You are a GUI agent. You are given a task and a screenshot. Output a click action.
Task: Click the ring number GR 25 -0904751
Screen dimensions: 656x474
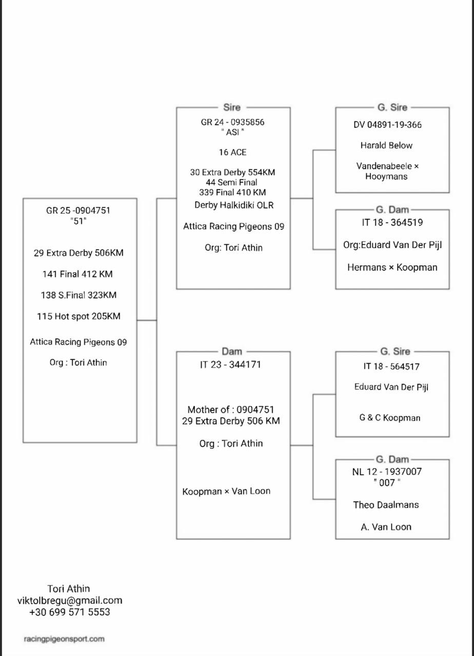tap(78, 211)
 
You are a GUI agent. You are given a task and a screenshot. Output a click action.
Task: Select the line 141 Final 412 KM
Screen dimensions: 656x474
tap(77, 274)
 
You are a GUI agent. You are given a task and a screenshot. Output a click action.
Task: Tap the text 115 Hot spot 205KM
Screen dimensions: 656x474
tap(78, 316)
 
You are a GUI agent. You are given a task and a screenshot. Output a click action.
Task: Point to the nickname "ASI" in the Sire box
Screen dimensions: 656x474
tap(233, 132)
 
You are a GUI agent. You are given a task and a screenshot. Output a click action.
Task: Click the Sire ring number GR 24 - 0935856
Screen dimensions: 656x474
tap(233, 122)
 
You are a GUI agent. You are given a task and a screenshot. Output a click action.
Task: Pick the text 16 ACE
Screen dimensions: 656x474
tap(232, 152)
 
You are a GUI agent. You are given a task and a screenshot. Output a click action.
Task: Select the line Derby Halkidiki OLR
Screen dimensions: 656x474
tap(234, 205)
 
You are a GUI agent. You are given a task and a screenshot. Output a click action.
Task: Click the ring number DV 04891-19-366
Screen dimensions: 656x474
tap(387, 125)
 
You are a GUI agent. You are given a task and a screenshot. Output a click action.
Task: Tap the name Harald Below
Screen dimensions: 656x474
tap(386, 146)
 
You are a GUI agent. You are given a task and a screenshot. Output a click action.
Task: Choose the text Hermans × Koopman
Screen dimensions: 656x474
tap(392, 267)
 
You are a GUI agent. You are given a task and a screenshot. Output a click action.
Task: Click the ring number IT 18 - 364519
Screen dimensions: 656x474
tap(392, 222)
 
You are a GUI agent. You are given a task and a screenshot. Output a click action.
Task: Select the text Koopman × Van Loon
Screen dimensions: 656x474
tap(226, 491)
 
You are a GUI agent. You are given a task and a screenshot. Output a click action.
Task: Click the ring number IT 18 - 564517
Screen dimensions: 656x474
tap(391, 366)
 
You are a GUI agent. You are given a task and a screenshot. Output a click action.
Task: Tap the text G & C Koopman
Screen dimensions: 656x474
tap(390, 418)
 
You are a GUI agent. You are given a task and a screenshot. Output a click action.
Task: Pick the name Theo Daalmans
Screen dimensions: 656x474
tap(386, 505)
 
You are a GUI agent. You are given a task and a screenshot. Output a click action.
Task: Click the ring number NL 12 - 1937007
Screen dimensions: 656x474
tap(387, 472)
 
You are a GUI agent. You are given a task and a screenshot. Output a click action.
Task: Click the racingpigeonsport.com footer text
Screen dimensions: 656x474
tap(64, 639)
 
